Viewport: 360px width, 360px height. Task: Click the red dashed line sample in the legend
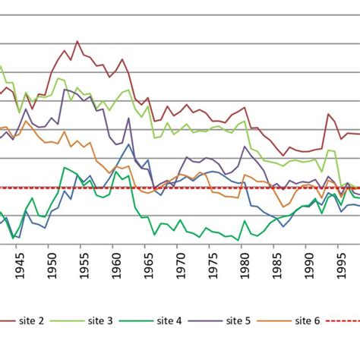pos(343,321)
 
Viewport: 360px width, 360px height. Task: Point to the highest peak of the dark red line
pos(77,41)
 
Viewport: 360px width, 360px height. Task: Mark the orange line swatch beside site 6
pos(278,321)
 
